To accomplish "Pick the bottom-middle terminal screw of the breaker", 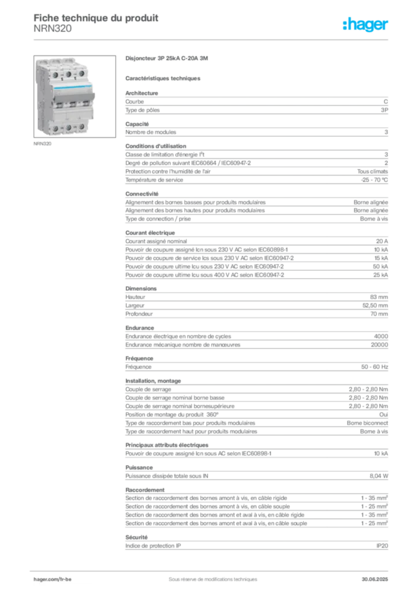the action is [68, 126].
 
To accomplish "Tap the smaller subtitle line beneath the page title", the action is [53, 32].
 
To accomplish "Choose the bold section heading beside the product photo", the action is [169, 59].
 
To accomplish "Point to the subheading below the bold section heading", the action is [164, 78].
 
